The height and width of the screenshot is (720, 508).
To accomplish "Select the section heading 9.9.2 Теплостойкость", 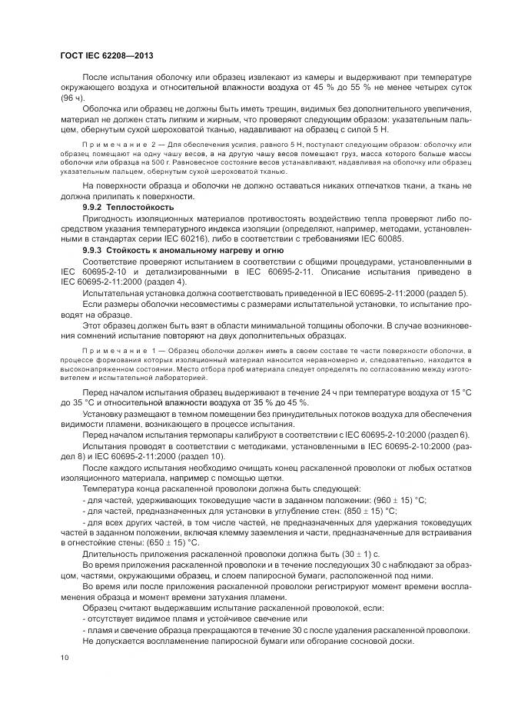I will (x=128, y=208).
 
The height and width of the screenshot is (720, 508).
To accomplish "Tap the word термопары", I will (x=187, y=435).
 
